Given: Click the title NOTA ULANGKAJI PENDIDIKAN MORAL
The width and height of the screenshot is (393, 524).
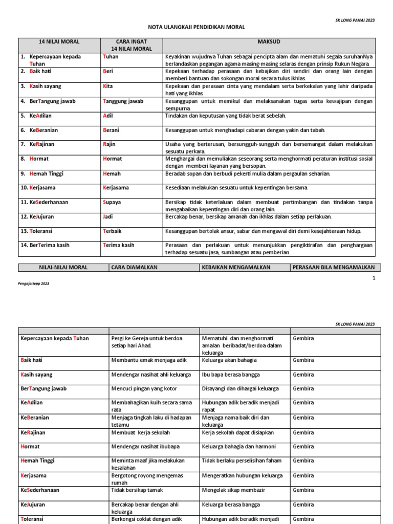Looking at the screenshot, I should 196,27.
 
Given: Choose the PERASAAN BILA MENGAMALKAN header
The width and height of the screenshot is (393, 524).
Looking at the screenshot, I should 334,267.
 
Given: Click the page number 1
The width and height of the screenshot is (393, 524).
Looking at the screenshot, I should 374,278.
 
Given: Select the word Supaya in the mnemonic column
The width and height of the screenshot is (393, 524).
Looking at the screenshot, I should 112,202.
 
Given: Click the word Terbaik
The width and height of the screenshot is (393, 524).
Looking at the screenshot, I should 113,231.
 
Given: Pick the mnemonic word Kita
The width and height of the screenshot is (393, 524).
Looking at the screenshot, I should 108,87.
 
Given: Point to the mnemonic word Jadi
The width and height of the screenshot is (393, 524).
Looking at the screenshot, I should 108,216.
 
